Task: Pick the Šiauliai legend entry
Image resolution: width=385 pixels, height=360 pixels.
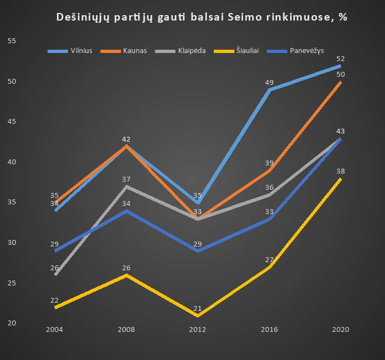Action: tap(247, 51)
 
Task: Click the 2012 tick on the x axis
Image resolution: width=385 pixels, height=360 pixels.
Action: tap(198, 329)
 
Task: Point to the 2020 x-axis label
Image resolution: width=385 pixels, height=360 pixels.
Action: tap(340, 329)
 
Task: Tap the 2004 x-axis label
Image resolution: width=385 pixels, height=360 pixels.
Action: tap(55, 329)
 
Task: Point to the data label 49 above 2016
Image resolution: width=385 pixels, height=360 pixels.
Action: tap(269, 82)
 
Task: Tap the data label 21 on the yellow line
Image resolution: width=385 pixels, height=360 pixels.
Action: tap(198, 308)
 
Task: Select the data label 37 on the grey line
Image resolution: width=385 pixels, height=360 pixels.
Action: tap(126, 179)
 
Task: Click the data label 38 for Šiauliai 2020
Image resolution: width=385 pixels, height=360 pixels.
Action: tap(341, 171)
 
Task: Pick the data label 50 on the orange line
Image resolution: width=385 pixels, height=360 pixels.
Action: tap(341, 75)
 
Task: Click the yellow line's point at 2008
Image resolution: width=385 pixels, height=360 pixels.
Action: tap(126, 275)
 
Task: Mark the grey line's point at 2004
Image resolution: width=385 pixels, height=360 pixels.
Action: tap(55, 275)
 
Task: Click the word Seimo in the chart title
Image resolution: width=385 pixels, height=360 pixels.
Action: tap(241, 17)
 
